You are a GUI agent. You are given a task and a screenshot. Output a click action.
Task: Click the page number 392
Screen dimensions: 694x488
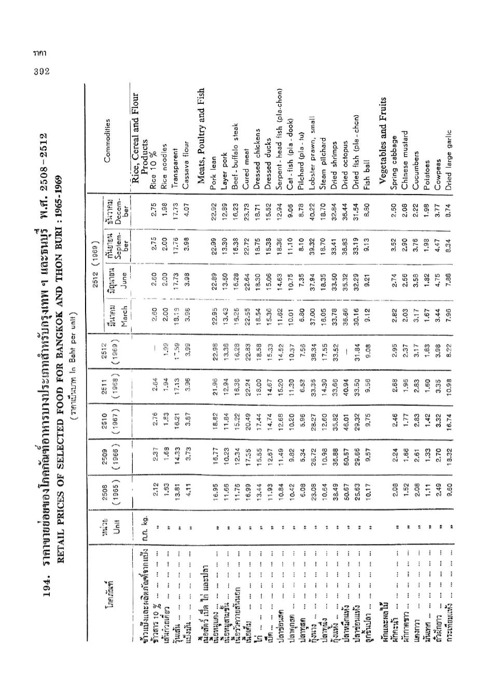coord(39,72)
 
